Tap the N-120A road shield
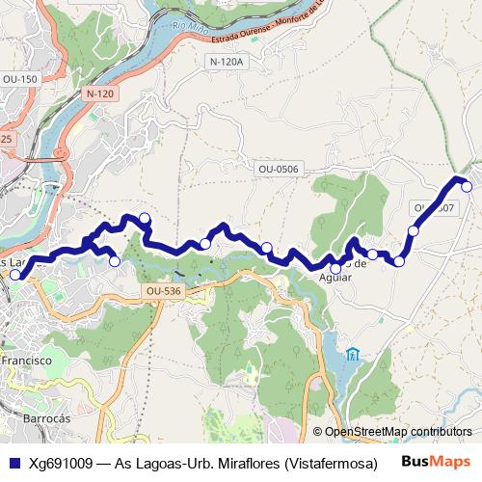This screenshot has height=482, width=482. (228, 61)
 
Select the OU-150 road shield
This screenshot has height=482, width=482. (20, 78)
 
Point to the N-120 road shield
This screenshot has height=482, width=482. (98, 94)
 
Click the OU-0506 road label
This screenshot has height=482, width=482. (279, 169)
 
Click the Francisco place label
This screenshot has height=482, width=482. (26, 359)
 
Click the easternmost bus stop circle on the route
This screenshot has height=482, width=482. (468, 186)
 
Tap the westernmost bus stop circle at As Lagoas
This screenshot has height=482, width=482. (14, 275)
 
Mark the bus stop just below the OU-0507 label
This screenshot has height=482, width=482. (414, 230)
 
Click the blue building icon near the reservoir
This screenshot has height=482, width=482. (354, 354)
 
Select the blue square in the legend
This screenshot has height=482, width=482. (13, 463)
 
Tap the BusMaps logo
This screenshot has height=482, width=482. (437, 462)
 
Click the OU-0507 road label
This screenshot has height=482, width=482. (434, 207)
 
